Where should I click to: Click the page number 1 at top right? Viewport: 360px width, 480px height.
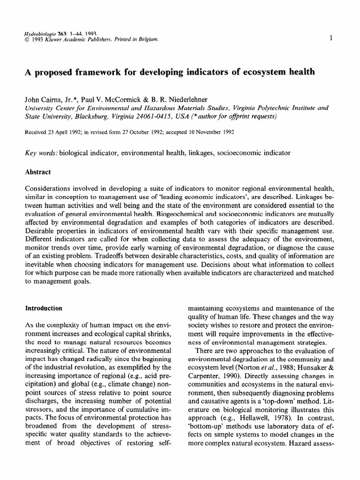(x=331, y=38)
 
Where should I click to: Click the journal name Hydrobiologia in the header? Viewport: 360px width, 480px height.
(x=39, y=34)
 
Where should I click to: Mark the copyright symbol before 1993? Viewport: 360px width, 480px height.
(x=27, y=41)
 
